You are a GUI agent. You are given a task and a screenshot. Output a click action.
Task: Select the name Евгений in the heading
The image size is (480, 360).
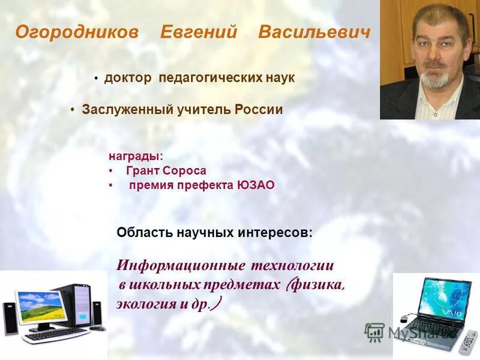[x=199, y=32]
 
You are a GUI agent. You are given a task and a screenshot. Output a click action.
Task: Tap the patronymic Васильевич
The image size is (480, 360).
[x=314, y=32]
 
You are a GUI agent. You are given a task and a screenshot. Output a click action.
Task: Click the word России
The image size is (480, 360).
[x=259, y=110]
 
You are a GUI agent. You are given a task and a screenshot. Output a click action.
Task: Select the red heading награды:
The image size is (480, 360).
[x=136, y=156]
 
